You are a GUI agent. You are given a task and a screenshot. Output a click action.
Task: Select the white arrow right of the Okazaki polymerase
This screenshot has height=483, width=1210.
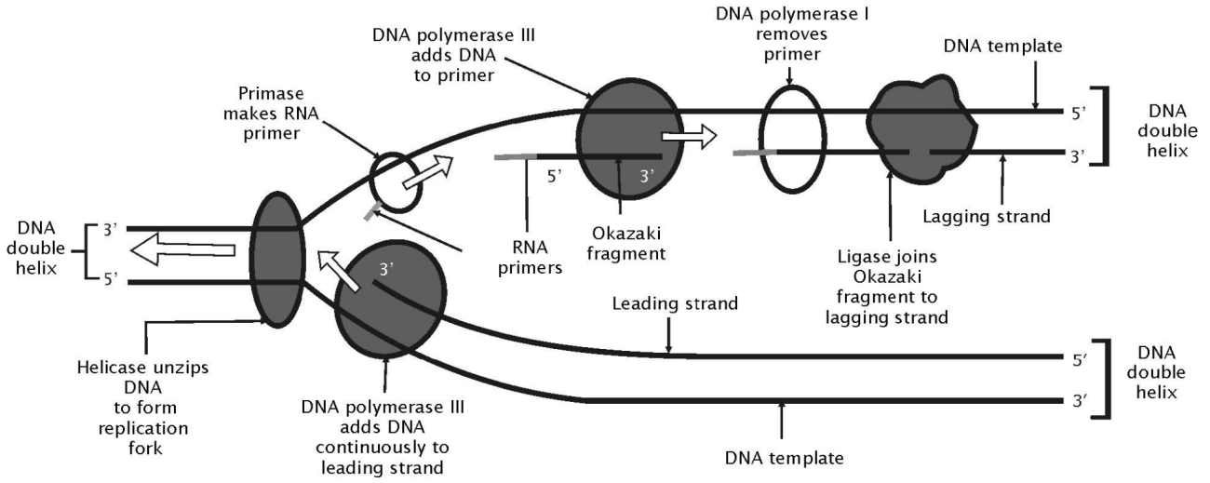(689, 137)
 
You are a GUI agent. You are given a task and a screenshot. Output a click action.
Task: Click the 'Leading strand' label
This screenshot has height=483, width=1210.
(662, 305)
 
